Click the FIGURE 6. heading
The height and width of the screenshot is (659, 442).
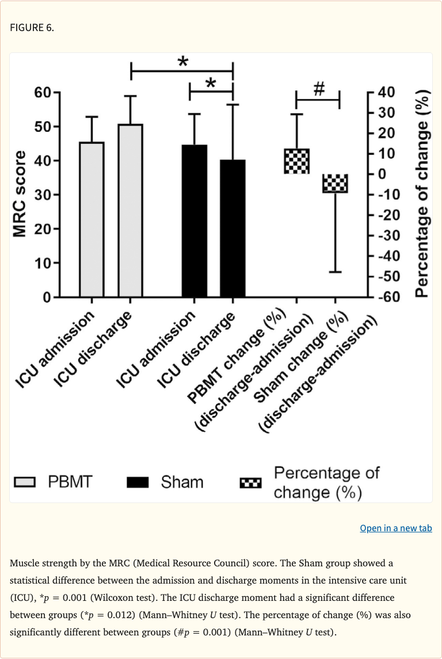pyautogui.click(x=32, y=28)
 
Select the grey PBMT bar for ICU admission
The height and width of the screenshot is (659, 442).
pyautogui.click(x=92, y=219)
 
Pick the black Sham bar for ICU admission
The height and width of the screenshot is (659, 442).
pyautogui.click(x=195, y=221)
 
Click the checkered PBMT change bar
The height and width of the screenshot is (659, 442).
pyautogui.click(x=296, y=161)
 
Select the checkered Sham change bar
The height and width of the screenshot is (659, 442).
pyautogui.click(x=335, y=184)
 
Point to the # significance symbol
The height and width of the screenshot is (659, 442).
pyautogui.click(x=319, y=89)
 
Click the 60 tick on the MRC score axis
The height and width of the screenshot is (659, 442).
pyautogui.click(x=43, y=92)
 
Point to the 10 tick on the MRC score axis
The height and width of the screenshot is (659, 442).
pyautogui.click(x=43, y=263)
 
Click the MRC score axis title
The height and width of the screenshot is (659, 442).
pyautogui.click(x=20, y=194)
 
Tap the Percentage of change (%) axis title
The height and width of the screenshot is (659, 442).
pyautogui.click(x=422, y=194)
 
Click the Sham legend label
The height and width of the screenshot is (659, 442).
pyautogui.click(x=182, y=482)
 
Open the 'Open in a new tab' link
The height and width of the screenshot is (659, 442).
pyautogui.click(x=395, y=528)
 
